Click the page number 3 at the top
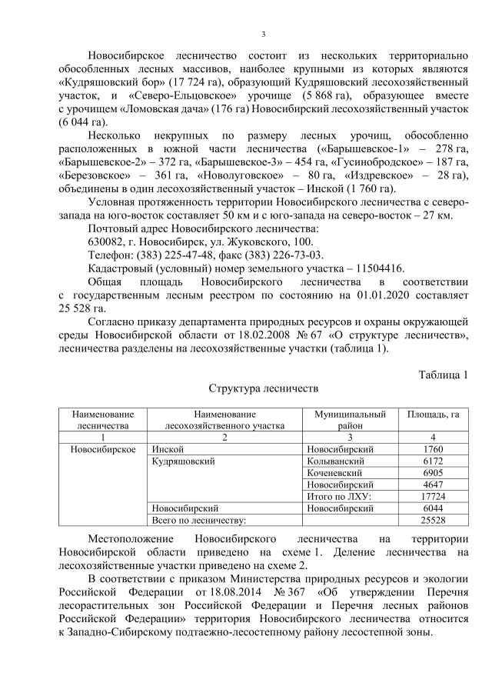(264, 34)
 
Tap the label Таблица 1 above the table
(442, 375)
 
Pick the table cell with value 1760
(433, 448)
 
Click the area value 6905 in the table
(433, 473)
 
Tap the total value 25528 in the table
(433, 521)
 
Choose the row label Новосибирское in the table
(102, 448)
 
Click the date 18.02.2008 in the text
(268, 335)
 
